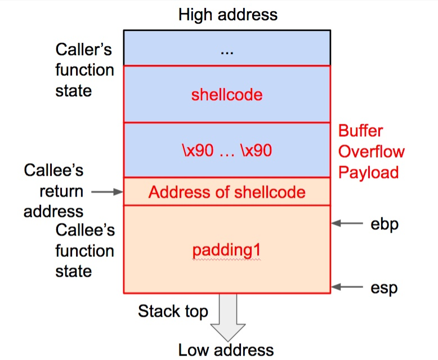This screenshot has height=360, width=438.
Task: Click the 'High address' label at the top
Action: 227,14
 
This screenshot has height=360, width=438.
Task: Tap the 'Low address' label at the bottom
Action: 226,349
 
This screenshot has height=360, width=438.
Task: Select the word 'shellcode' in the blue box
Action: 227,94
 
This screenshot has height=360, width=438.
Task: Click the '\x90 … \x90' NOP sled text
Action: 227,150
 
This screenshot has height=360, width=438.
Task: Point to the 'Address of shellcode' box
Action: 227,192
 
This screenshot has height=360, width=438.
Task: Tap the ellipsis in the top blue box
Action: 227,51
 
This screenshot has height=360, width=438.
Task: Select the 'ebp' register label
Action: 385,224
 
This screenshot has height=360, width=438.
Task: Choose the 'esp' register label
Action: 384,288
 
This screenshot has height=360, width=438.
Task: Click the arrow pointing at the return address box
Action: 106,192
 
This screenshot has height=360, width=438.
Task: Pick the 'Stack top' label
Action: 173,311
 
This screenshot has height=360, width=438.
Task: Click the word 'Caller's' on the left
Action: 84,50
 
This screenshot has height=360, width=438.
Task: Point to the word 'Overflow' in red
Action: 371,152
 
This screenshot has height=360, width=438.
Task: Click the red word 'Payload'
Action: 368,172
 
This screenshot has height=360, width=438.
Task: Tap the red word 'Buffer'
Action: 360,131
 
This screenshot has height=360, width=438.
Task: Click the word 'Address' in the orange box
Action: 173,192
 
